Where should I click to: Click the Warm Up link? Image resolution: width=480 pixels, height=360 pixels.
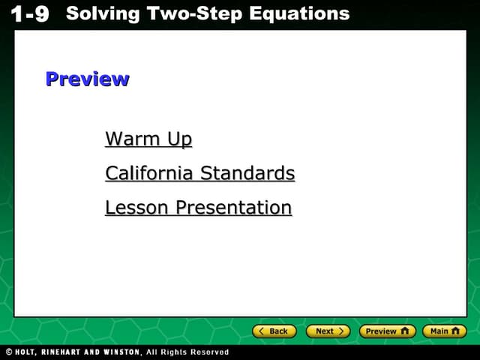[148, 139]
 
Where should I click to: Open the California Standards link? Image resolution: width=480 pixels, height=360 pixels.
[199, 174]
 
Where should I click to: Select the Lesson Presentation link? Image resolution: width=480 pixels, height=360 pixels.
[198, 208]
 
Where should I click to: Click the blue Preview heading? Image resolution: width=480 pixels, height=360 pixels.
[87, 79]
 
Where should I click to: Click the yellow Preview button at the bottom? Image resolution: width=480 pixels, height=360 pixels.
[387, 331]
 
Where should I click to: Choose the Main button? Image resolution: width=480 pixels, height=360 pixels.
[444, 331]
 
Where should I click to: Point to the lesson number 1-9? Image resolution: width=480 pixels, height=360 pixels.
[31, 14]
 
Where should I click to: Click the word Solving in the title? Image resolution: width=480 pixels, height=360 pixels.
[101, 13]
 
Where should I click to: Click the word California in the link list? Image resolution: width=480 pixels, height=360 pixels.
[149, 174]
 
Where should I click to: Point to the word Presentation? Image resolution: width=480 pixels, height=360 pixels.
[233, 208]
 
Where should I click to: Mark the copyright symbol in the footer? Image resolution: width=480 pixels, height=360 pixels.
[8, 352]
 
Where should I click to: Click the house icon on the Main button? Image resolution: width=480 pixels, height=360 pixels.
[455, 331]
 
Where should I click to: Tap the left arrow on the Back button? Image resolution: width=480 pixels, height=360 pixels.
[262, 331]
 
